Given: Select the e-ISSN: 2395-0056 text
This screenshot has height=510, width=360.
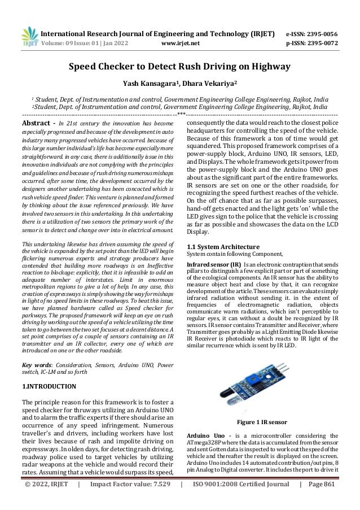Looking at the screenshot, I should point(313,16).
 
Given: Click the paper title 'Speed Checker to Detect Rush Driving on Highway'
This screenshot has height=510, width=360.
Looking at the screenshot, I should point(179,68).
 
